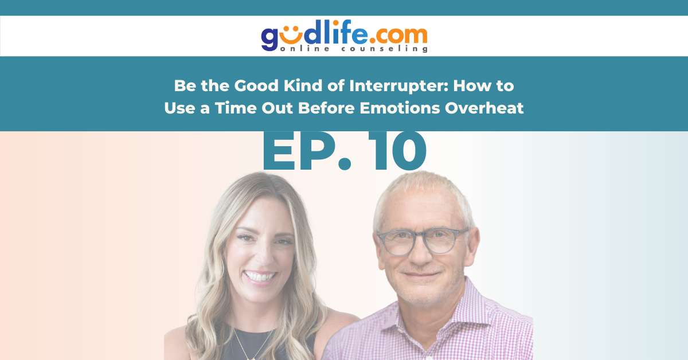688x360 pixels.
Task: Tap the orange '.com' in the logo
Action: pos(398,36)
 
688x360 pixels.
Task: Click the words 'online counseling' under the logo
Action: pos(354,49)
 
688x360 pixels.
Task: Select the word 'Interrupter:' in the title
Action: pos(398,86)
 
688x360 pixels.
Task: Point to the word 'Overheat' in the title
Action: pos(484,108)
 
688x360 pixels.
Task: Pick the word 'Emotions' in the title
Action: pos(400,108)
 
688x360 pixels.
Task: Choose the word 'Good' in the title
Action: pos(256,85)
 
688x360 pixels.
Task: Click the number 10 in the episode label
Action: pos(398,151)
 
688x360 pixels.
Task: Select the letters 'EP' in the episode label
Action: pos(298,151)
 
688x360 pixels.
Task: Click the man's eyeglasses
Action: pos(423,241)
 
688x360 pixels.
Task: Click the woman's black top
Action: pos(264,344)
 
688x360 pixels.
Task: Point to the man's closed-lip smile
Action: pos(421,275)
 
